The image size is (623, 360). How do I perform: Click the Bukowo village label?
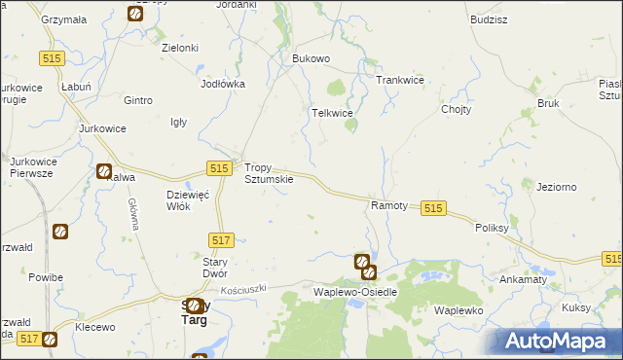(x=311, y=58)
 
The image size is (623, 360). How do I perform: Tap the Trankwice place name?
(x=399, y=80)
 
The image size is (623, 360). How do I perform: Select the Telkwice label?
(x=331, y=113)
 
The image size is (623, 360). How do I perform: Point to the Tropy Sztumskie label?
(x=268, y=173)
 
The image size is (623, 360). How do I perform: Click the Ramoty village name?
(x=389, y=206)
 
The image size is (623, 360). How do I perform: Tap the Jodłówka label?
(x=222, y=84)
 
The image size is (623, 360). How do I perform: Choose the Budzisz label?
(x=488, y=19)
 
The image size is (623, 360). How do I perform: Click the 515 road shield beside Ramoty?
(x=434, y=208)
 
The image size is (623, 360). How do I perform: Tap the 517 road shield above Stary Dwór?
(x=221, y=239)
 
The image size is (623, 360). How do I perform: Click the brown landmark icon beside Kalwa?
(x=104, y=171)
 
